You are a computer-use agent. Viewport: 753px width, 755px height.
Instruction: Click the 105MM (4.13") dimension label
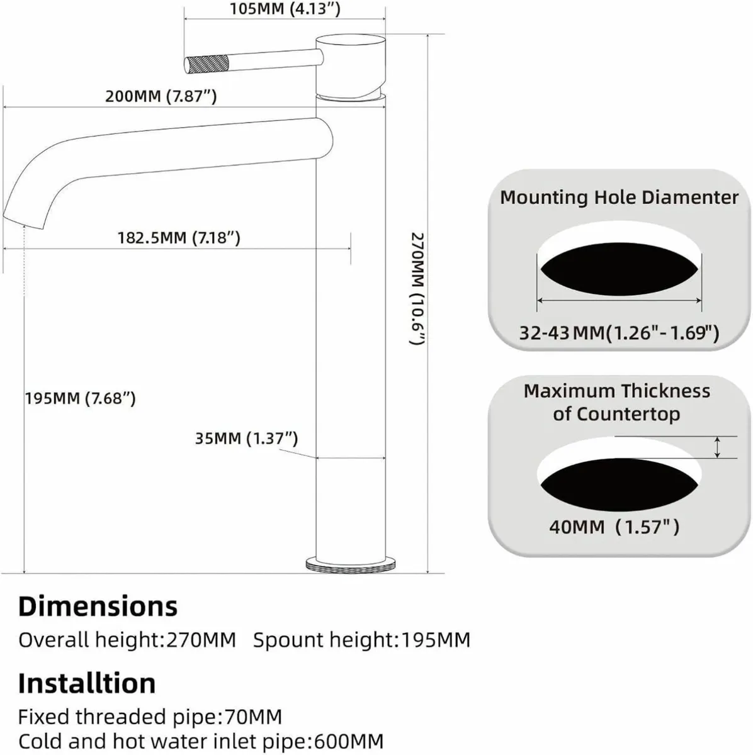click(285, 9)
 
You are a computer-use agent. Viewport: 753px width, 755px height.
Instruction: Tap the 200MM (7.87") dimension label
click(161, 96)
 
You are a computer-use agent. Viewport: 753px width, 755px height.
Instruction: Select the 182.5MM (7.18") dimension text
click(179, 238)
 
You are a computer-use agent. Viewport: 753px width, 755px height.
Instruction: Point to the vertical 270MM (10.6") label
click(418, 289)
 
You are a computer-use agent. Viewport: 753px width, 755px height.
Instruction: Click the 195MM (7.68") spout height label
click(80, 398)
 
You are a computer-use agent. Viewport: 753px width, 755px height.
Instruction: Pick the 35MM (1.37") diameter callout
click(246, 438)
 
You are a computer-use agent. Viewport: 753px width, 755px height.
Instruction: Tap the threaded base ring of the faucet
click(350, 563)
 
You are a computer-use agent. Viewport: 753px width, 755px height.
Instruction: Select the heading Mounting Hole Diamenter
click(619, 197)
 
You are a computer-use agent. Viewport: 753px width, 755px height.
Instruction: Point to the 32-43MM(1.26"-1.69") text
click(619, 332)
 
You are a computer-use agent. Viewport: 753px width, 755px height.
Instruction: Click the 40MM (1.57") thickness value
click(614, 526)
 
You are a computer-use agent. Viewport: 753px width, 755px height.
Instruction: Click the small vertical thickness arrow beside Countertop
click(717, 447)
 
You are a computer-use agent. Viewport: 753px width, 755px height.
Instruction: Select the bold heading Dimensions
click(98, 606)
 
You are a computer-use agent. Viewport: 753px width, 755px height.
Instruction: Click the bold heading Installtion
click(86, 683)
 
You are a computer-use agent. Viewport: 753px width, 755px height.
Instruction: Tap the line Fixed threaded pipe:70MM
click(150, 717)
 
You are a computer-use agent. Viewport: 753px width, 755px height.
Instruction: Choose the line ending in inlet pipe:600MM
click(200, 741)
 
